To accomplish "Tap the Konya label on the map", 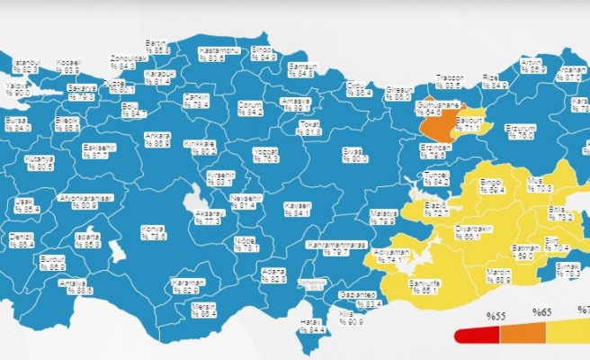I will point(154,233).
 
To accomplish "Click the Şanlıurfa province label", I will point(423,286).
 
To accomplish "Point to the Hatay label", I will point(312,327).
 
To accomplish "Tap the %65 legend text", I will point(541,313).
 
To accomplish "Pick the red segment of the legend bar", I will point(472,336).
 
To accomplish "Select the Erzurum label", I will point(520,131).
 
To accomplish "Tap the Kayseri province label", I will point(296,210).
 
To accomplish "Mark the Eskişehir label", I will point(94,151).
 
